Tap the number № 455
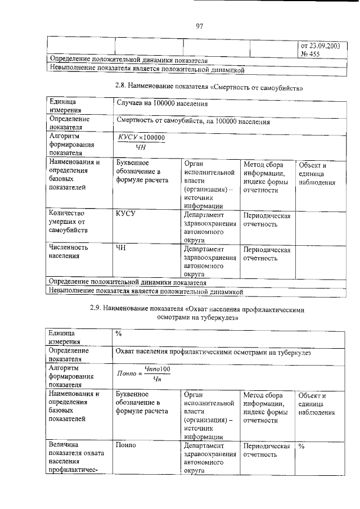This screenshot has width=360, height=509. pyautogui.click(x=312, y=54)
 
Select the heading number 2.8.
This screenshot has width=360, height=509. pyautogui.click(x=121, y=87)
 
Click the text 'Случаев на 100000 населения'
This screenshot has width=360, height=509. pyautogui.click(x=162, y=104)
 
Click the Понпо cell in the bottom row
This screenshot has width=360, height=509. pyautogui.click(x=125, y=445)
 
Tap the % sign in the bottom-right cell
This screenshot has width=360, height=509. pyautogui.click(x=301, y=446)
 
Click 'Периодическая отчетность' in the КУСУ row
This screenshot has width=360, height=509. pyautogui.click(x=267, y=220)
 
